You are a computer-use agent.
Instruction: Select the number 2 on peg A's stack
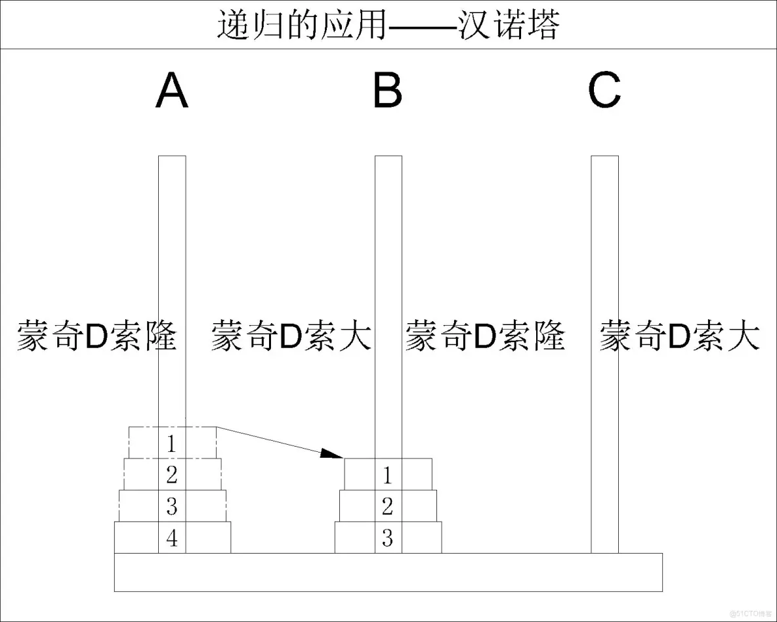pos(172,474)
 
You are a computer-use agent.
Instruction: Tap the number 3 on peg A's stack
pos(172,506)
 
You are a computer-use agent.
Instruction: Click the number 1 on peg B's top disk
pos(387,474)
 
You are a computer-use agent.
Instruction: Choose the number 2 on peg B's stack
pos(387,506)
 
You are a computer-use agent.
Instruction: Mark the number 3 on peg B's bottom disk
pos(387,539)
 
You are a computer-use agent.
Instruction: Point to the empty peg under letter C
pos(604,263)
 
